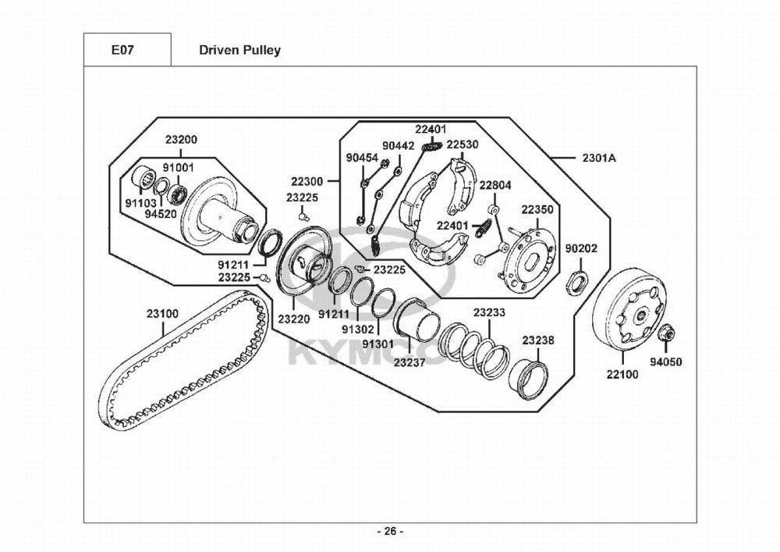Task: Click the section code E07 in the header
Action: tap(122, 51)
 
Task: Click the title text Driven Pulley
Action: tap(239, 51)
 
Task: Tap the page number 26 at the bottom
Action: tap(390, 532)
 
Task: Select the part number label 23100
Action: tap(162, 314)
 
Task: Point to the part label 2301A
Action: tap(599, 158)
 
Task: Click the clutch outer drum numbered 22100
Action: tap(630, 312)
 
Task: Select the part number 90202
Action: tap(581, 249)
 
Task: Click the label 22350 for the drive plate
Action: tap(537, 210)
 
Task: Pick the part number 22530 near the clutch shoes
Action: tap(463, 144)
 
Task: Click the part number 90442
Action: tap(398, 146)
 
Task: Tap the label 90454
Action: tap(362, 158)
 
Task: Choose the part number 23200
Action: tap(181, 140)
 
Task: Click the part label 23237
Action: tap(409, 362)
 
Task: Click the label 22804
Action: tap(495, 186)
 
